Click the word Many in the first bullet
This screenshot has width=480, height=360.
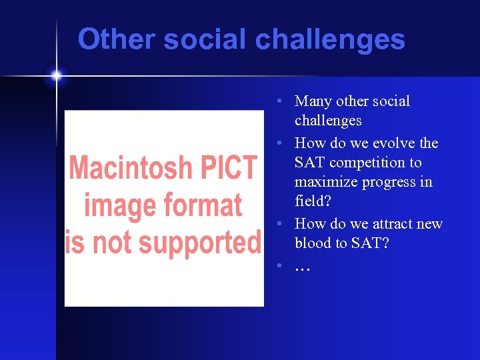point(313,101)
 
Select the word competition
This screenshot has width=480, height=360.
point(367,163)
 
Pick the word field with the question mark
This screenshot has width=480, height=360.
point(312,201)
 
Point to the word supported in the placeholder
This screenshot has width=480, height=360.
point(195,242)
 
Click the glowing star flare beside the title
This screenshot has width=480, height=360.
point(56,76)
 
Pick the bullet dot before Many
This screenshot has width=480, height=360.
point(282,101)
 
